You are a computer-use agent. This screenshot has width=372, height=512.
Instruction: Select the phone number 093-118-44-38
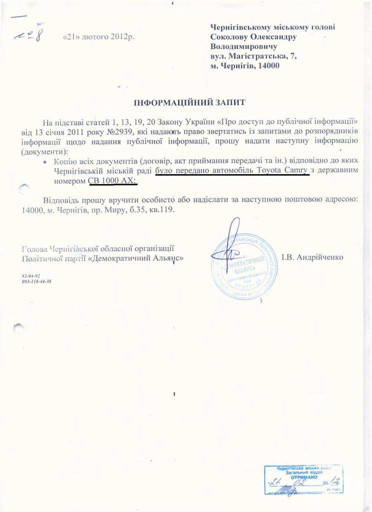pyautogui.click(x=36, y=281)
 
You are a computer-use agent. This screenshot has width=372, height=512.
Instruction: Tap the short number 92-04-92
pyautogui.click(x=30, y=275)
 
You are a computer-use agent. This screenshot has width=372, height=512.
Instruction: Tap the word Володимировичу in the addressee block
pyautogui.click(x=244, y=46)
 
